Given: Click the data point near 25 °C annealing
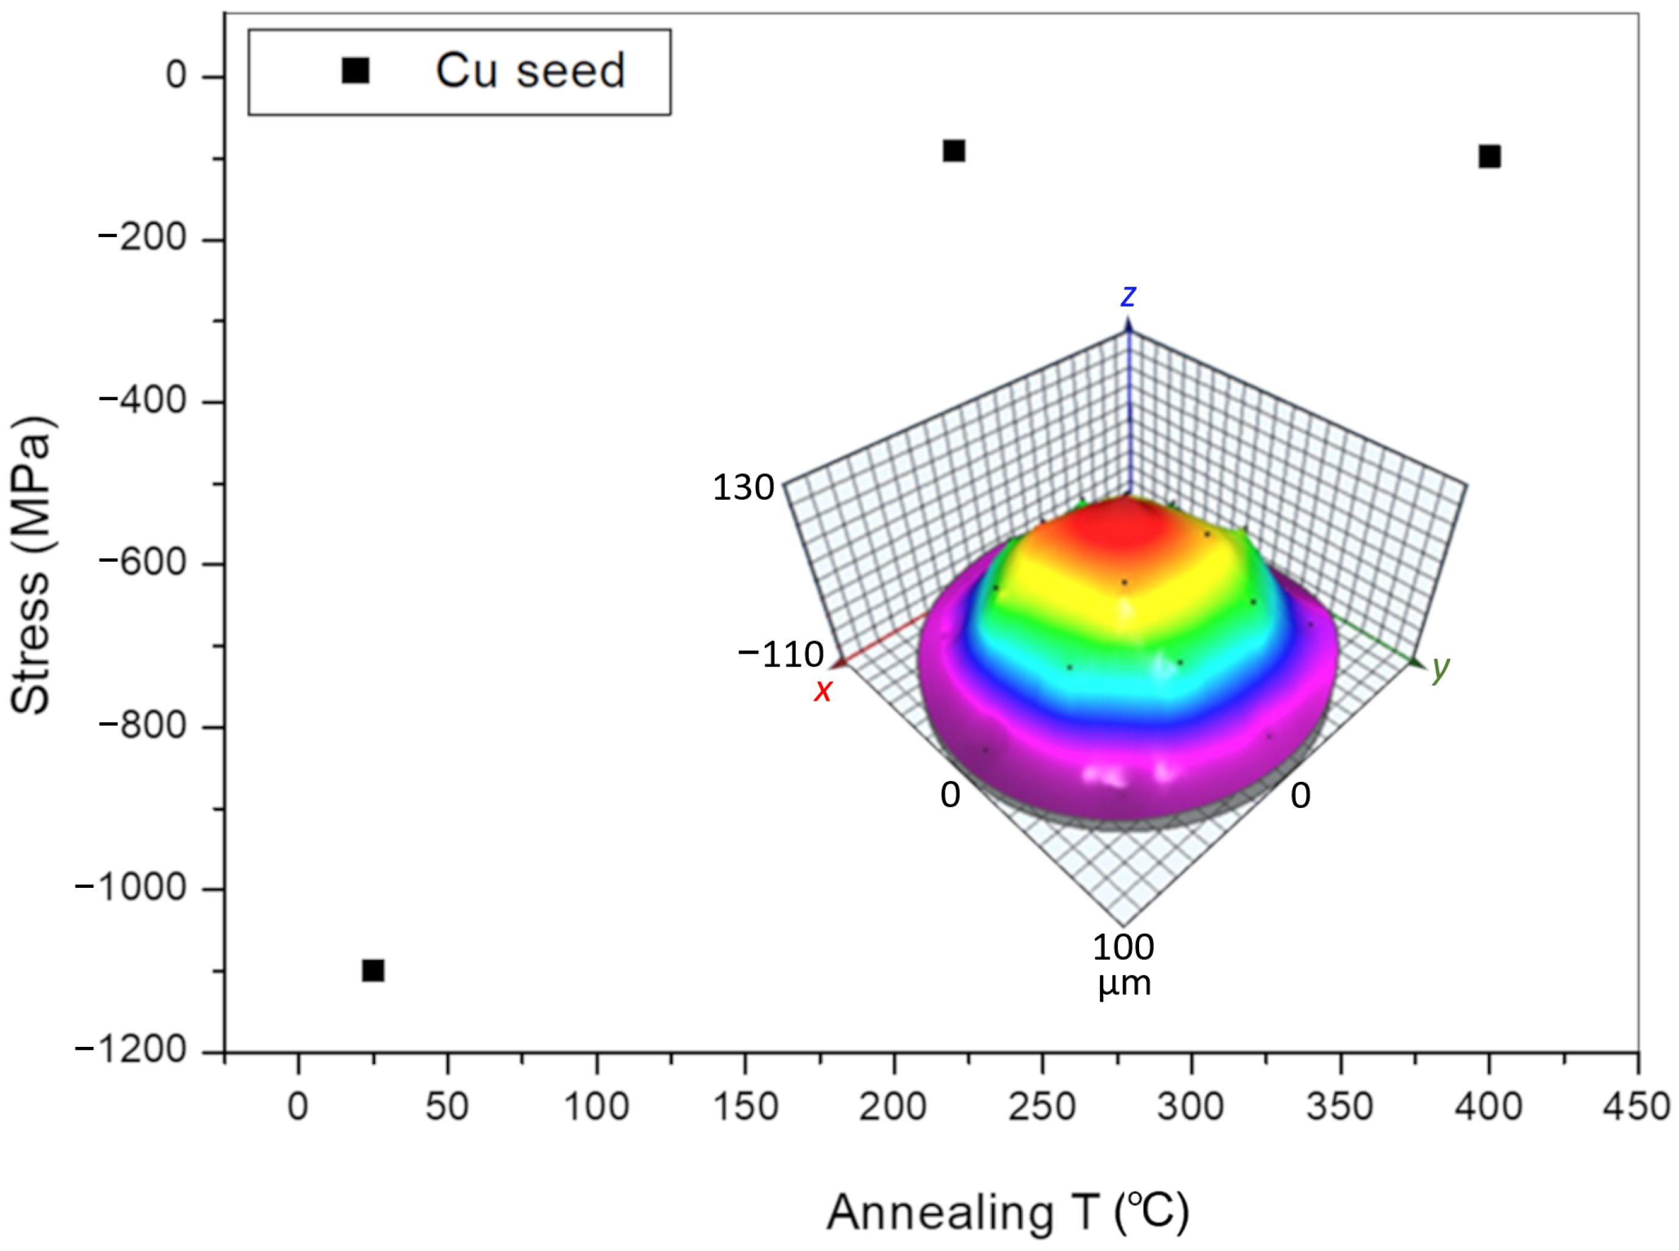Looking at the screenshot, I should tap(372, 970).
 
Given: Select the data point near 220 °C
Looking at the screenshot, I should tap(954, 151).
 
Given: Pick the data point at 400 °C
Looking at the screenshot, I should tap(1489, 156).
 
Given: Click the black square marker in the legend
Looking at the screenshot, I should tap(355, 71).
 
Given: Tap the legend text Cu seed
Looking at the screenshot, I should tap(530, 71).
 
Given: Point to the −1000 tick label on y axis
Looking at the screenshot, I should tap(130, 887).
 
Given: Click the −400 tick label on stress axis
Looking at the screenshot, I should tap(143, 400).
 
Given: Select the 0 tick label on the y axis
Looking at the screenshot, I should tap(176, 75).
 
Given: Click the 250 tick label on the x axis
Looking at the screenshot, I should tap(1042, 1107).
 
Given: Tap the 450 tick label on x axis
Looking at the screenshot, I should tap(1636, 1107).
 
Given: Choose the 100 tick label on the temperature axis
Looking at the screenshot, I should tap(596, 1107).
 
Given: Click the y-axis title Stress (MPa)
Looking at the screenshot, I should tap(32, 564).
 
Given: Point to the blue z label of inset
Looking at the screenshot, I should tap(1127, 296).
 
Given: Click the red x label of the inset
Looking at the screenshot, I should tap(823, 690).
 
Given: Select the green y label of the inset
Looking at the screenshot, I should tap(1441, 667).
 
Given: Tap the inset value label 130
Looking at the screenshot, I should tap(743, 487).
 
